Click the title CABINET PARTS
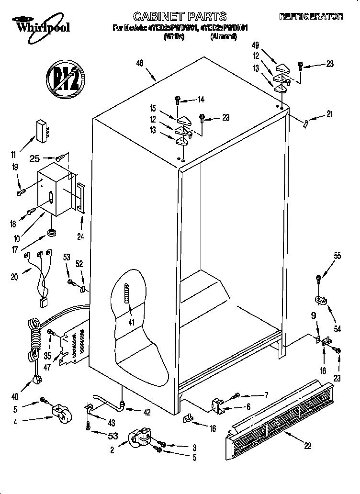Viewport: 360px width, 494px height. pos(180,17)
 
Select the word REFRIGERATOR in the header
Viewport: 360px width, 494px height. pos(311,17)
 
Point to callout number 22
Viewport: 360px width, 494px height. pos(307,445)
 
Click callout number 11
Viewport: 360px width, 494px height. pos(13,154)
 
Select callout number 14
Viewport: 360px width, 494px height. pos(201,100)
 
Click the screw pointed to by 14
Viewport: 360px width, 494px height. pos(178,100)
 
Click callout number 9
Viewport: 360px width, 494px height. pos(314,316)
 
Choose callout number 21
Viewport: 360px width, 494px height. pos(329,113)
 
